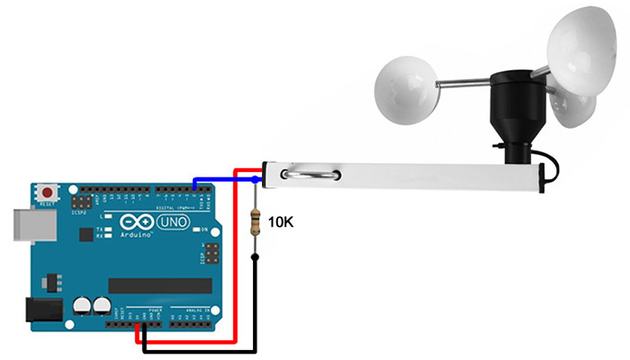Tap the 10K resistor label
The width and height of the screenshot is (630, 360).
(x=283, y=220)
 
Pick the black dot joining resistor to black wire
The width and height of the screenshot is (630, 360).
(x=256, y=258)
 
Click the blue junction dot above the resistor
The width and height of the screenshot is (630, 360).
(x=256, y=180)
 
